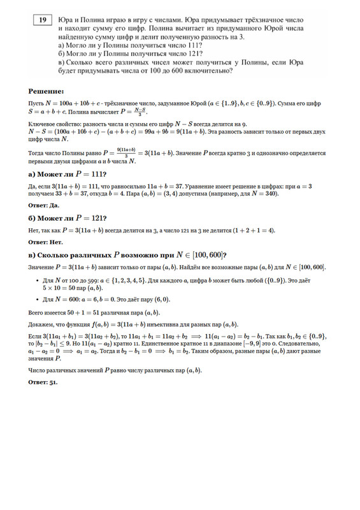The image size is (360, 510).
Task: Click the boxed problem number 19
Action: (x=42, y=21)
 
